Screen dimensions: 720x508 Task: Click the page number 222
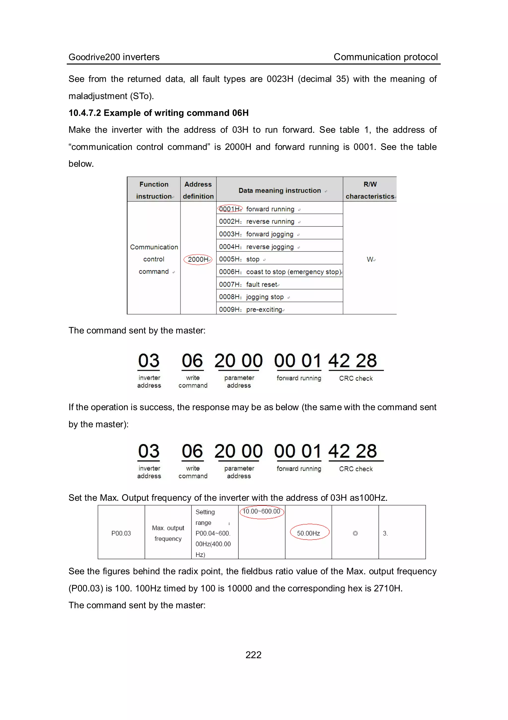coord(253,655)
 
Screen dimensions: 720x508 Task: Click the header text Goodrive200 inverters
coord(114,57)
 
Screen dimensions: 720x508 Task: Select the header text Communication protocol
coord(385,57)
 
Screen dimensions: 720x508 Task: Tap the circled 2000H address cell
coord(198,259)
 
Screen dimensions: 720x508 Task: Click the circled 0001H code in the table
coord(230,209)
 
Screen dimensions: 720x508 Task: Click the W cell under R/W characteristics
coord(370,259)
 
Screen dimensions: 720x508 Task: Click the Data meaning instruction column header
coord(280,190)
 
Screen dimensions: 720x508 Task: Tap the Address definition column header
coord(198,190)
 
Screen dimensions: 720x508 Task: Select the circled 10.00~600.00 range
coord(262,512)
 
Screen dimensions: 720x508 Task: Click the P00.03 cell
coord(121,533)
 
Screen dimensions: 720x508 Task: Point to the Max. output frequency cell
coord(168,533)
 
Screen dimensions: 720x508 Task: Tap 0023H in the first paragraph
coord(280,79)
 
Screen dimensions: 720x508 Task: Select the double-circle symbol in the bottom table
coord(355,533)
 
